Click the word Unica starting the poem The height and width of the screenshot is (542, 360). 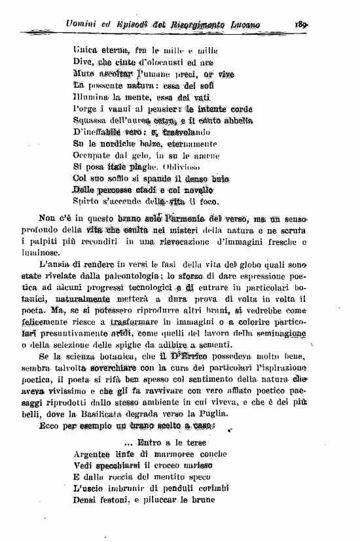coord(86,49)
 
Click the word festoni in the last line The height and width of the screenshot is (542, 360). coord(120,500)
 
